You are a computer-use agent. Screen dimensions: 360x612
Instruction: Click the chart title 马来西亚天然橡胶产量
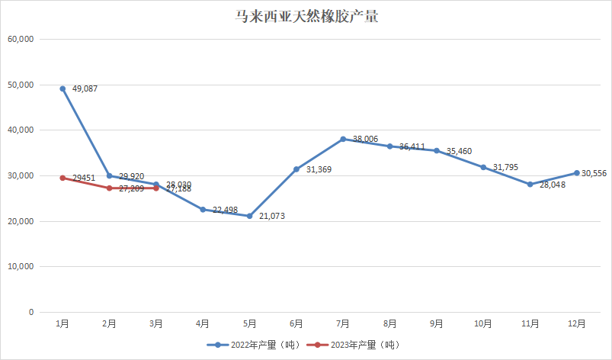[306, 17]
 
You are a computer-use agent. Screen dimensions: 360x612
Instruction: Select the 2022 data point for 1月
[62, 88]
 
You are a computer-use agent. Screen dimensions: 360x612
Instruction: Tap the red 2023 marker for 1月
[62, 178]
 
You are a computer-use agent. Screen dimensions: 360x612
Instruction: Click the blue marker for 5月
[249, 216]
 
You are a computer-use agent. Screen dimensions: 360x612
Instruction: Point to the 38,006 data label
[366, 139]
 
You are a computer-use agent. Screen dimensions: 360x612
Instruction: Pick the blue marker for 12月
[576, 172]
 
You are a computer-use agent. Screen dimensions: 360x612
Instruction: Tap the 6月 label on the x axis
[296, 323]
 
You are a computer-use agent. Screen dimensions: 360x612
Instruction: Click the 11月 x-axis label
[530, 323]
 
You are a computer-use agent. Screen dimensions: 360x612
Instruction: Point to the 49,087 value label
[85, 89]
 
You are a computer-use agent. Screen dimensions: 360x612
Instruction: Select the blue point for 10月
[483, 167]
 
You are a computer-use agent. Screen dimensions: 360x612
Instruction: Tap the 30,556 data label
[594, 173]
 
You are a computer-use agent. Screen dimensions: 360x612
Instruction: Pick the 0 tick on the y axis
[31, 312]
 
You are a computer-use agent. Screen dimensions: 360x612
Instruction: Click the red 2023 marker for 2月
[110, 188]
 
